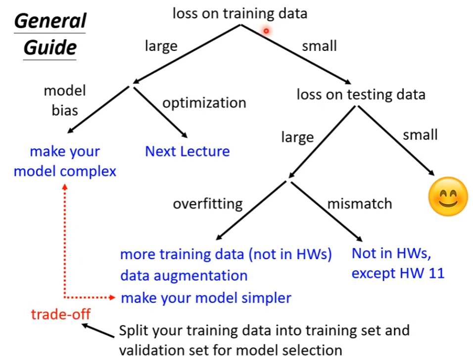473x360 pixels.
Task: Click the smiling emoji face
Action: point(448,196)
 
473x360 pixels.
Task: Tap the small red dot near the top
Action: point(266,31)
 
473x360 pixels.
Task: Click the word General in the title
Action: point(50,21)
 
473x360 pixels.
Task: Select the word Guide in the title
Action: point(50,47)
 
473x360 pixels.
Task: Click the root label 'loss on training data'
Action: point(239,13)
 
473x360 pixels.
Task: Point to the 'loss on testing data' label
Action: point(361,94)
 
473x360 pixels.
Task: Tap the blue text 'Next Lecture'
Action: point(188,151)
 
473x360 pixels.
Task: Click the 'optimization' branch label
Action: point(204,103)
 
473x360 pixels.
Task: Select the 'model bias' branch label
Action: point(65,100)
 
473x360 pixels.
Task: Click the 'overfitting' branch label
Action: point(208,203)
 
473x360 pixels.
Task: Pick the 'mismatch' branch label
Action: point(360,203)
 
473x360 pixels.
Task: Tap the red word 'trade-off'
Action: point(61,314)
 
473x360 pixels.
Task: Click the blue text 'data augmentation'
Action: point(184,275)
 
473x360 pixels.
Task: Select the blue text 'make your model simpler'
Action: point(206,298)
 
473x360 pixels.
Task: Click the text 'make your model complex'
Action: point(65,161)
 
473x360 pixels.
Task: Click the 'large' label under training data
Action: point(161,46)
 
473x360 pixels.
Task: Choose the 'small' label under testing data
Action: point(420,135)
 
